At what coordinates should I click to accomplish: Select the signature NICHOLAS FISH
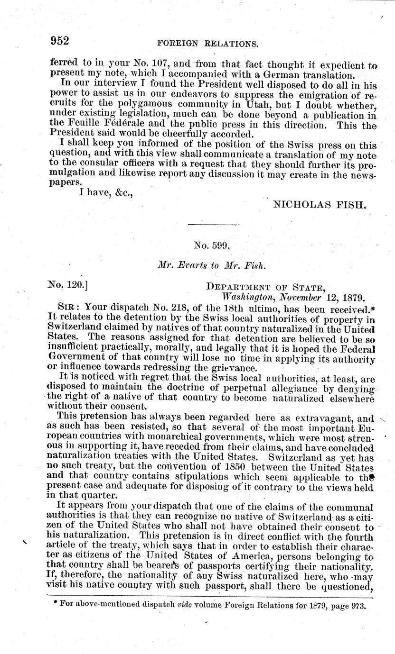tap(320, 205)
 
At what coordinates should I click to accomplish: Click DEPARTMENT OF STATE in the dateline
tap(264, 287)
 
